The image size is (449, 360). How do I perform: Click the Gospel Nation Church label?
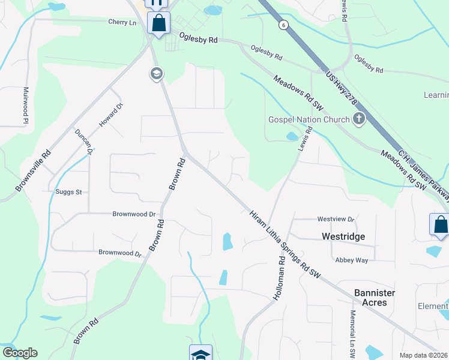point(308,119)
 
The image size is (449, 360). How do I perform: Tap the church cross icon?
point(359,119)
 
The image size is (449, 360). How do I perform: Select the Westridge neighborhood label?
point(343,236)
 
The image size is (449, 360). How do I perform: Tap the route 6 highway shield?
point(282,25)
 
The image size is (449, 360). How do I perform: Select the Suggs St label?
point(68,192)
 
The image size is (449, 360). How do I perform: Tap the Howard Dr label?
point(111,115)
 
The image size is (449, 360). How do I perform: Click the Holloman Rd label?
point(280,278)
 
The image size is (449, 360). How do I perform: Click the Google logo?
point(19,353)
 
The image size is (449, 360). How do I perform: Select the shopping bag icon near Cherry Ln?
point(159,24)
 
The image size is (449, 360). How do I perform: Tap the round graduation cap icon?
point(156,74)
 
